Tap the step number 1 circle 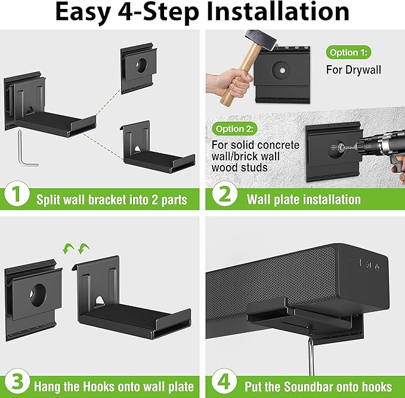point(17,194)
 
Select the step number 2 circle point(224,194)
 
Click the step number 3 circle point(17,381)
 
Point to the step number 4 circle point(224,381)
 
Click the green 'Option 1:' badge point(348,53)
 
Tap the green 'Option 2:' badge point(234,129)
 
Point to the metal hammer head point(261,40)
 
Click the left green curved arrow point(68,249)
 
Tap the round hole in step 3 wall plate point(38,295)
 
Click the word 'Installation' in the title point(278,12)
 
